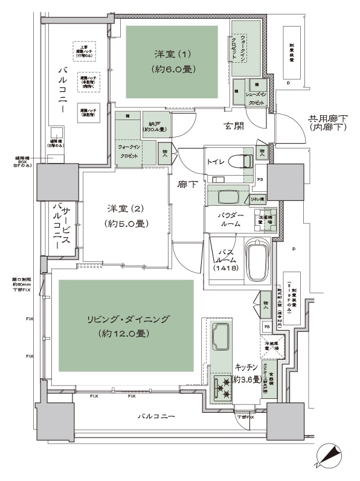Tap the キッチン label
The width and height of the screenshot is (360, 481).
[247, 367]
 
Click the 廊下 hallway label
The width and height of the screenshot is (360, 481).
[187, 185]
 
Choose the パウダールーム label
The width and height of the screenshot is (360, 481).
[227, 219]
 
